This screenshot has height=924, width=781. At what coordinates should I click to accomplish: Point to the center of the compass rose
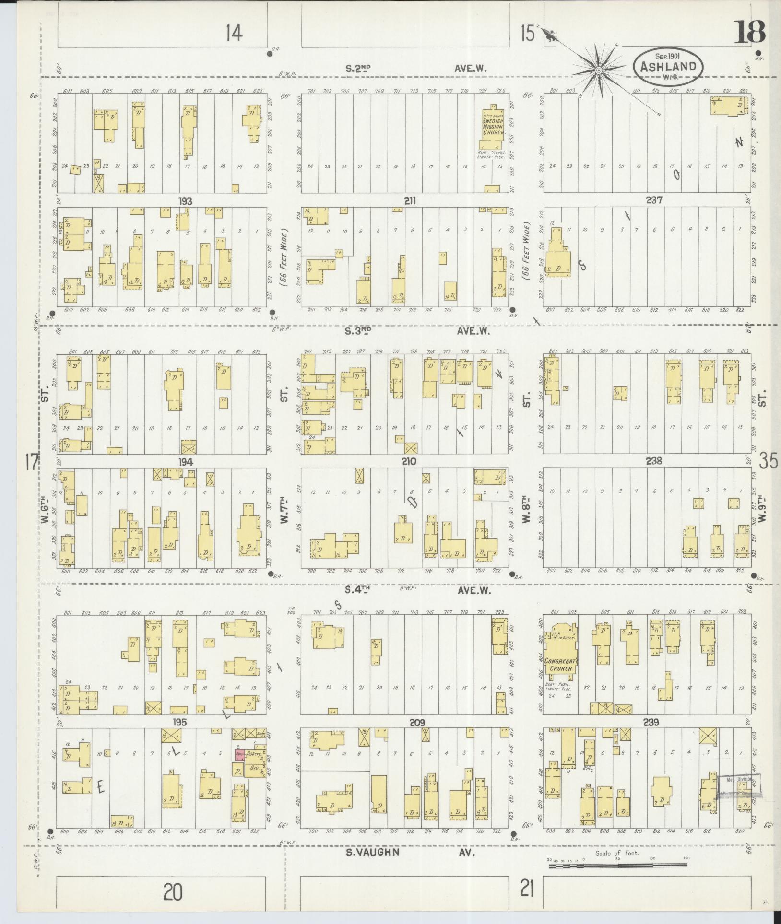pos(599,71)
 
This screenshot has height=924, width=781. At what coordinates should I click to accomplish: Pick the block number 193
pos(185,201)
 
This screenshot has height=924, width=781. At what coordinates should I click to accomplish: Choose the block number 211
pos(409,201)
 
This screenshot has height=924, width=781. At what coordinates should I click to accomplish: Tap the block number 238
pos(653,461)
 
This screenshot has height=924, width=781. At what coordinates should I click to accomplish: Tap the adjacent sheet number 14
pos(234,33)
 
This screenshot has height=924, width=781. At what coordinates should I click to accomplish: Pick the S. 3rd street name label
pos(358,330)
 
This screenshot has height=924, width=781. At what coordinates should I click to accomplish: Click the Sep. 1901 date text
pos(668,56)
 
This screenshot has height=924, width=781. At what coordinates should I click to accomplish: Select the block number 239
pos(651,723)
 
